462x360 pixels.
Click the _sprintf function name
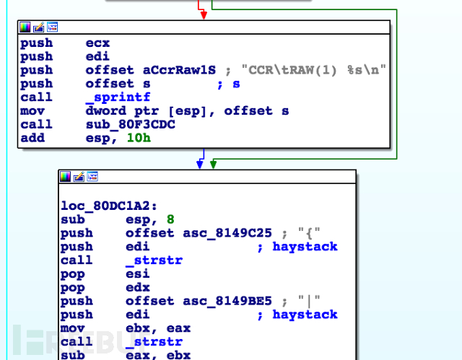(118, 97)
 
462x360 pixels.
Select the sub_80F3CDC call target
(131, 125)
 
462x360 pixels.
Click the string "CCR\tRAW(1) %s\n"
(314, 70)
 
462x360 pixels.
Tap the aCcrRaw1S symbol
(180, 70)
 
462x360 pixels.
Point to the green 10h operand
(139, 138)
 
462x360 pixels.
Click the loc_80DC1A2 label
(109, 206)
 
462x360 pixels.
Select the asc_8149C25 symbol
(227, 233)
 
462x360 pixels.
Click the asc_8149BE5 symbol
(227, 301)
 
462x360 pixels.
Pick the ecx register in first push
(98, 43)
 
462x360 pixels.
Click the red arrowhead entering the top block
(204, 15)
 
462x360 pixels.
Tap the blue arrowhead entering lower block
(200, 164)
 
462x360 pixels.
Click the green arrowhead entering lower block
(214, 164)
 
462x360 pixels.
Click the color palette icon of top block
(25, 27)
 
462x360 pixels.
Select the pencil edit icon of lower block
(79, 177)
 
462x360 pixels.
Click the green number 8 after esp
(170, 219)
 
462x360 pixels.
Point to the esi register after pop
(138, 274)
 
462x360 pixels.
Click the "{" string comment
(309, 234)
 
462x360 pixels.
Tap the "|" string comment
(309, 301)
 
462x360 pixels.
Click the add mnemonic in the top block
(32, 138)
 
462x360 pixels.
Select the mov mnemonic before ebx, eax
(72, 328)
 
